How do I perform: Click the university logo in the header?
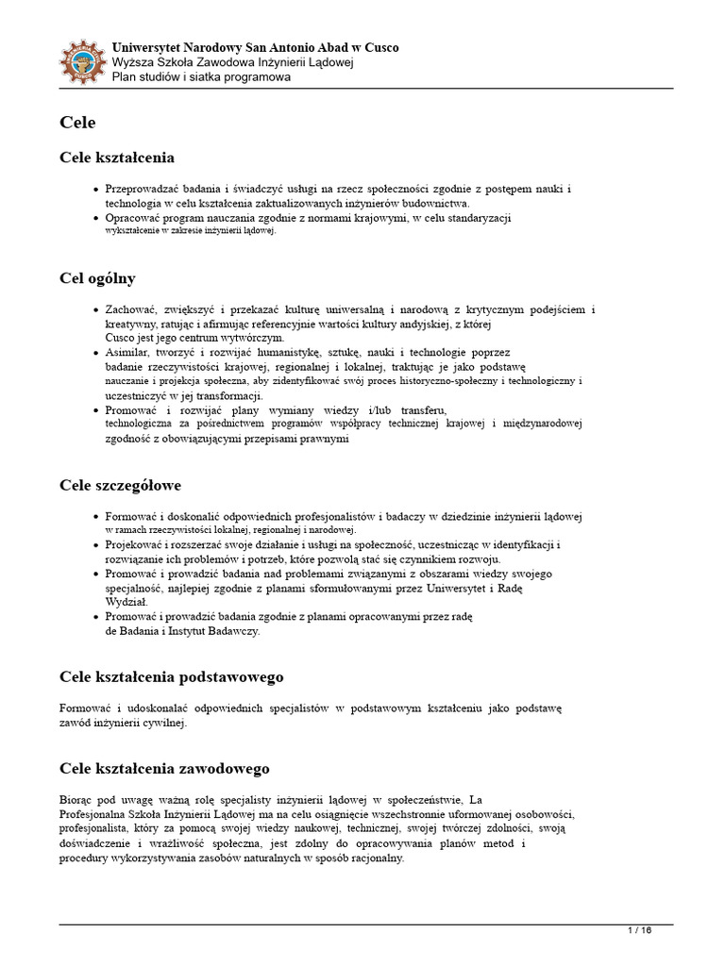point(82,61)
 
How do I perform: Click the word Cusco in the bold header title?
point(379,47)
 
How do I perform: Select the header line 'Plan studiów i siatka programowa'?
point(201,77)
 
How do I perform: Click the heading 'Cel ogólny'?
point(97,278)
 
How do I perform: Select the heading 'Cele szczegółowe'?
point(120,486)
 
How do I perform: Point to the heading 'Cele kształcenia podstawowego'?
point(171,677)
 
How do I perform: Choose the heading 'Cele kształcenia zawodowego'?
point(164,769)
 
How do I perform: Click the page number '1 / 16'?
point(640,931)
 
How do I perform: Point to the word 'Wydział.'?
point(126,602)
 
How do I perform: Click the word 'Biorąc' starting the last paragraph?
point(76,800)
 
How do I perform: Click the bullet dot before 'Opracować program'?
point(95,218)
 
